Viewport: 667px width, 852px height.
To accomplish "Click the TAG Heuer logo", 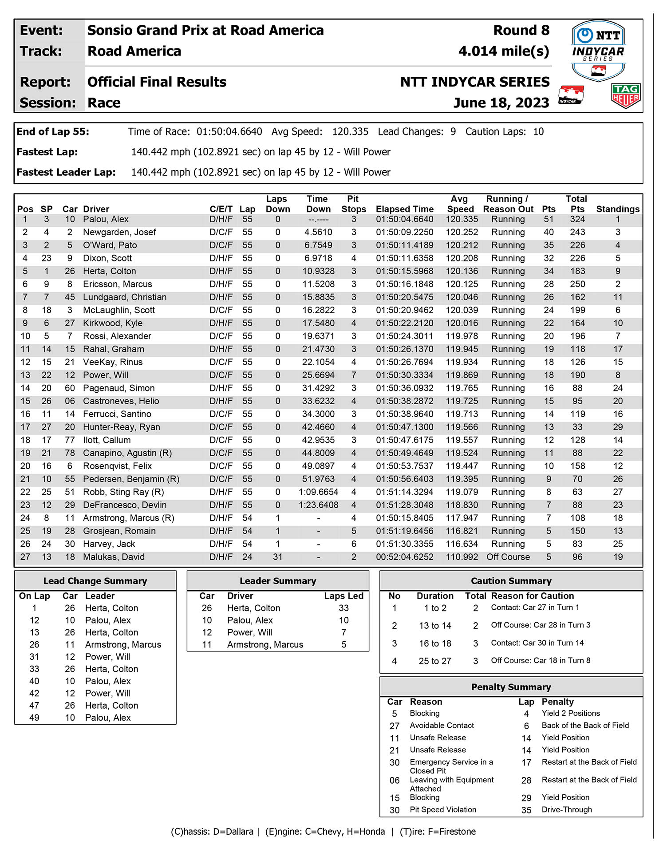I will point(625,95).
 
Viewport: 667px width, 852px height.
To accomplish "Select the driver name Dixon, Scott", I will point(107,258).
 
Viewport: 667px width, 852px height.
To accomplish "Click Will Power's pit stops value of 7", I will point(354,375).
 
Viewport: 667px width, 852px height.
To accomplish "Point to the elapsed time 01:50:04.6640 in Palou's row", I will point(404,219).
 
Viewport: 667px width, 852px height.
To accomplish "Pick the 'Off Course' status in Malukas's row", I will point(508,557).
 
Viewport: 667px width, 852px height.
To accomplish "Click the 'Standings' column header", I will point(618,209).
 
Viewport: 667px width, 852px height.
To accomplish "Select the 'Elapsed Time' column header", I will point(404,209).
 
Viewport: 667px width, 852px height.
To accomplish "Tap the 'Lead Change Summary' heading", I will point(95,581).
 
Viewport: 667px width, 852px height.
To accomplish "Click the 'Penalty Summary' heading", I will point(511,687).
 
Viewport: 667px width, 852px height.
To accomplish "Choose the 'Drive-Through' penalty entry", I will point(567,809).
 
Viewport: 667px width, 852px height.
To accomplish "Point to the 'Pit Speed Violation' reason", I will point(443,809).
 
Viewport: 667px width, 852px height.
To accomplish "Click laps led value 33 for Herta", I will point(343,608).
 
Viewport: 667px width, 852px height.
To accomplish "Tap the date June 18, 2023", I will point(501,103).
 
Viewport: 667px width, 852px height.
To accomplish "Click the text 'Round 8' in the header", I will point(521,30).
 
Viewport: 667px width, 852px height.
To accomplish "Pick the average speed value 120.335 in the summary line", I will point(350,132).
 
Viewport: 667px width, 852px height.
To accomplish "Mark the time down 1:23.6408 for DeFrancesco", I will point(318,505).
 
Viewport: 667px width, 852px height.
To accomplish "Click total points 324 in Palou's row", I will point(577,219).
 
